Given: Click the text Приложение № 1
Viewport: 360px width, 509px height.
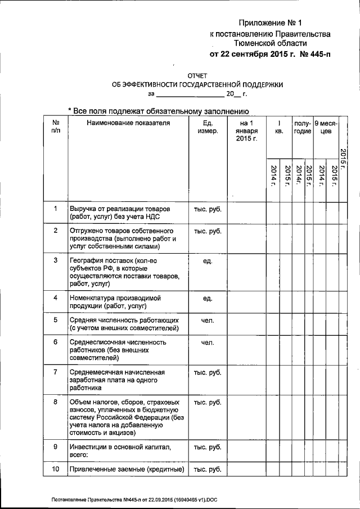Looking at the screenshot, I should (x=270, y=23).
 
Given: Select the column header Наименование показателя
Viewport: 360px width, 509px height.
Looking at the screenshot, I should (x=128, y=123).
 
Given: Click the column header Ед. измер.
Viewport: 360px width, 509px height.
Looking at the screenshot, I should (x=208, y=127).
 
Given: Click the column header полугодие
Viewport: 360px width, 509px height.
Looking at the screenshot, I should (x=303, y=127).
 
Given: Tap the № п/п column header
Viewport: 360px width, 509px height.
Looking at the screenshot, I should (x=56, y=127).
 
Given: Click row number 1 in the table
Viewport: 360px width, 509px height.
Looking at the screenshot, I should (x=56, y=209).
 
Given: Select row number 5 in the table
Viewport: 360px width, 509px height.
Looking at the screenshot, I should (x=56, y=320).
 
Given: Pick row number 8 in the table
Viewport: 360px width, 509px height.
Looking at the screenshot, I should (x=56, y=402).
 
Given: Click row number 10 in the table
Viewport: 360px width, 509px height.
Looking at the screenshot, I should (x=56, y=469).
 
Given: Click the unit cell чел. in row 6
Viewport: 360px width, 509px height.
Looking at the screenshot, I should (x=208, y=342).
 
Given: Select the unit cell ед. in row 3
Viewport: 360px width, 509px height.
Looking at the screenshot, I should (x=208, y=261).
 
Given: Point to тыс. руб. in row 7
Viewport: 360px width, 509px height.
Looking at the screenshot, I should (x=208, y=372).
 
